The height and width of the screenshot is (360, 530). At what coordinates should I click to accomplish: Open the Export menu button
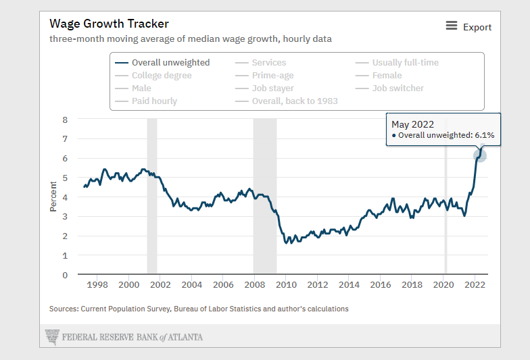click(x=469, y=27)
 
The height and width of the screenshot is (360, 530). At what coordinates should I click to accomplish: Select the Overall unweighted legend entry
click(x=170, y=63)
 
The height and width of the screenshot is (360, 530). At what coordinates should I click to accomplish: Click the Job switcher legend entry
click(x=397, y=88)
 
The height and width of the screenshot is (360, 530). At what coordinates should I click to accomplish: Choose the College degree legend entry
click(x=162, y=76)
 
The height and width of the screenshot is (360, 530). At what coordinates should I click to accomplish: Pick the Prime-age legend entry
click(x=272, y=76)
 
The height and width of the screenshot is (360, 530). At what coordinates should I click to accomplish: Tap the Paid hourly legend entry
click(x=154, y=101)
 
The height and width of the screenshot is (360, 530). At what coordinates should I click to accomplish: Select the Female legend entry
click(x=387, y=76)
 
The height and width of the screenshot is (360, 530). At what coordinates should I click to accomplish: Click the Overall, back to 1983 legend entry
click(x=295, y=101)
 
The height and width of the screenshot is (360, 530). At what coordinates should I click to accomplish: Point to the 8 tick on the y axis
click(x=65, y=120)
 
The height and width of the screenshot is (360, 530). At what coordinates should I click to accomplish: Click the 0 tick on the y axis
click(x=65, y=275)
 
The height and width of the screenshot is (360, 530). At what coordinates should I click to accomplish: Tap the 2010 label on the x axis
click(x=286, y=285)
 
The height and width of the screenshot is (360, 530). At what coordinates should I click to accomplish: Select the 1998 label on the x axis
click(x=97, y=285)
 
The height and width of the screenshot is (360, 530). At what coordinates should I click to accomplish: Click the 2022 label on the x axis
click(x=475, y=285)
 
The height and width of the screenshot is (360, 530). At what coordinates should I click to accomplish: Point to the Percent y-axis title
click(x=53, y=197)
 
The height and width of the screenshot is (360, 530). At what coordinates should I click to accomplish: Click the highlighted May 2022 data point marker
click(x=479, y=155)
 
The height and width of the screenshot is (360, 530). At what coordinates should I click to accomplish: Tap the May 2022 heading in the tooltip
click(x=413, y=124)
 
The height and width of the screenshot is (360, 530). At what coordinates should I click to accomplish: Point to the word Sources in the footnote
click(x=63, y=309)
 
